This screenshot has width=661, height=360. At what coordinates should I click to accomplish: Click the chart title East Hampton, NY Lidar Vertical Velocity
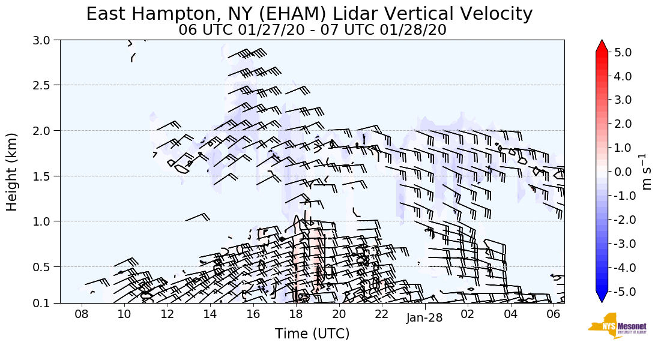click(x=309, y=14)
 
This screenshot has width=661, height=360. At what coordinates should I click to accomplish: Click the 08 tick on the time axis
click(x=82, y=314)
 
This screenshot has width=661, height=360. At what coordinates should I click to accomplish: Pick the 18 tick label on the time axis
click(x=296, y=314)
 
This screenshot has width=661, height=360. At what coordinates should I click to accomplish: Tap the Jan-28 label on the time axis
click(x=424, y=318)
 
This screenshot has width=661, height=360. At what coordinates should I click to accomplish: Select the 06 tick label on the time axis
click(x=554, y=314)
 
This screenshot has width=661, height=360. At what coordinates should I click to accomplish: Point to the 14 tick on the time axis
click(x=210, y=314)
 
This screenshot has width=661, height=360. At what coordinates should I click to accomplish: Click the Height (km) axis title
click(x=12, y=172)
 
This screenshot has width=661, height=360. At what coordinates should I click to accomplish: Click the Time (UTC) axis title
click(x=312, y=334)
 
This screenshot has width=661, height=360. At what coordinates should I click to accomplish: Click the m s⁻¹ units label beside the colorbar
click(x=647, y=172)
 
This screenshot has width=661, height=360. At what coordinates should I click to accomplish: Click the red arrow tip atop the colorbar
click(x=602, y=44)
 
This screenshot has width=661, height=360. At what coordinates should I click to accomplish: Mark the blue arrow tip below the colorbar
click(x=602, y=298)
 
